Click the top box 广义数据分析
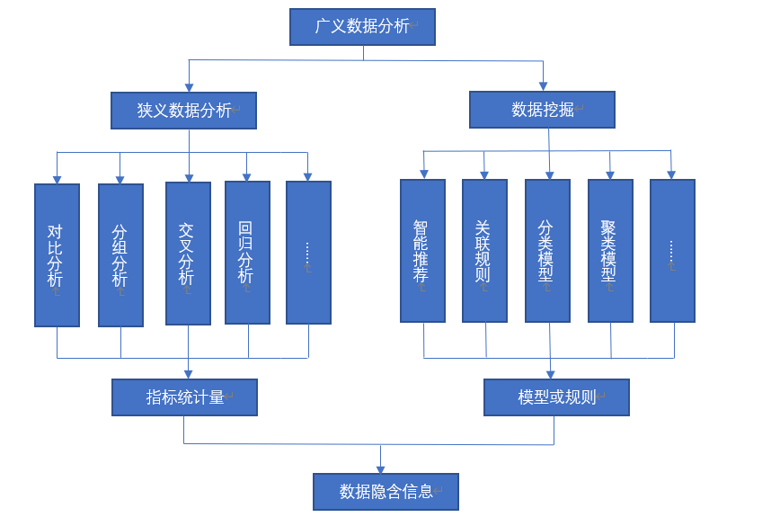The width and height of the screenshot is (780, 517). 362,27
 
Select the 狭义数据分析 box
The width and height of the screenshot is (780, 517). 184,111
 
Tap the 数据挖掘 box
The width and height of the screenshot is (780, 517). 542,110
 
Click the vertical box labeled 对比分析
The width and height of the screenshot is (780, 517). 57,255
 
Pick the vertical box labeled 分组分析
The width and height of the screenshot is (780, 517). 120,255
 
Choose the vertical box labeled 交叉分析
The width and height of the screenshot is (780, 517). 188,254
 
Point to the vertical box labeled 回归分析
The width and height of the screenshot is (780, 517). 247,253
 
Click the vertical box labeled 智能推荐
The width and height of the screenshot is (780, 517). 422,251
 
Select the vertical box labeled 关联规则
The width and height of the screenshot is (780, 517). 484,251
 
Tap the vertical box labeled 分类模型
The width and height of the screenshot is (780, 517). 547,251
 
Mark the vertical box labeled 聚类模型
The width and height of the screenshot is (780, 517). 610,251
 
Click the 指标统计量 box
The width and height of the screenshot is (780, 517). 184,397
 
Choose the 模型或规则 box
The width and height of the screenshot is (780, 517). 556,397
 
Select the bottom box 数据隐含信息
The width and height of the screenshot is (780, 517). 386,492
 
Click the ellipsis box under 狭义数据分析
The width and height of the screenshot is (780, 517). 308,253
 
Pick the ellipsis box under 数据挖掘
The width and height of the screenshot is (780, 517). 672,251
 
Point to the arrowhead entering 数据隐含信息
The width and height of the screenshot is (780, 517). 381,468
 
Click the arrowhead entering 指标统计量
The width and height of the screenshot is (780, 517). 189,373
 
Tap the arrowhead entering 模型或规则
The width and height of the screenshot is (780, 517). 550,373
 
